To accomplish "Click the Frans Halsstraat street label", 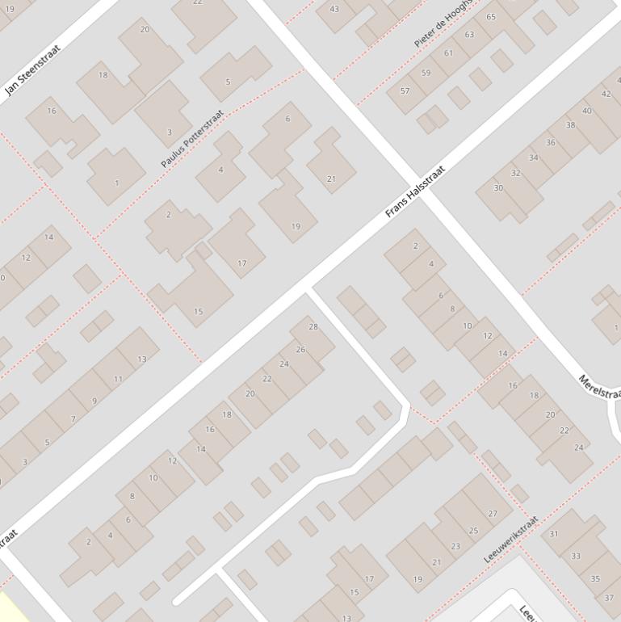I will tap(415, 193).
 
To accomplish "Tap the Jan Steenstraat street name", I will tap(32, 70).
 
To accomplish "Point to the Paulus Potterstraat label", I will tap(191, 139).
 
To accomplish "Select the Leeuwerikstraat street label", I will tap(510, 540).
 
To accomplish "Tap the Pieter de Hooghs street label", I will tap(443, 23).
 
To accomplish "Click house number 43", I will tap(335, 9).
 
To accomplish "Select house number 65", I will tap(491, 17).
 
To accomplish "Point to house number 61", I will tap(448, 53).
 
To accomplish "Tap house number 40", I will tap(586, 111).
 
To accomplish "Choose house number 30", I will tap(498, 188).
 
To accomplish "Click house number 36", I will tap(551, 143).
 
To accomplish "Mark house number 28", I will tap(313, 327).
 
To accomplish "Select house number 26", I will tap(300, 350).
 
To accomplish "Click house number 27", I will tap(493, 514).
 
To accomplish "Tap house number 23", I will tap(455, 546).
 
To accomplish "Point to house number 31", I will tap(554, 534).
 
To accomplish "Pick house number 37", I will tap(609, 599).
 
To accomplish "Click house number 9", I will tap(94, 401).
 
